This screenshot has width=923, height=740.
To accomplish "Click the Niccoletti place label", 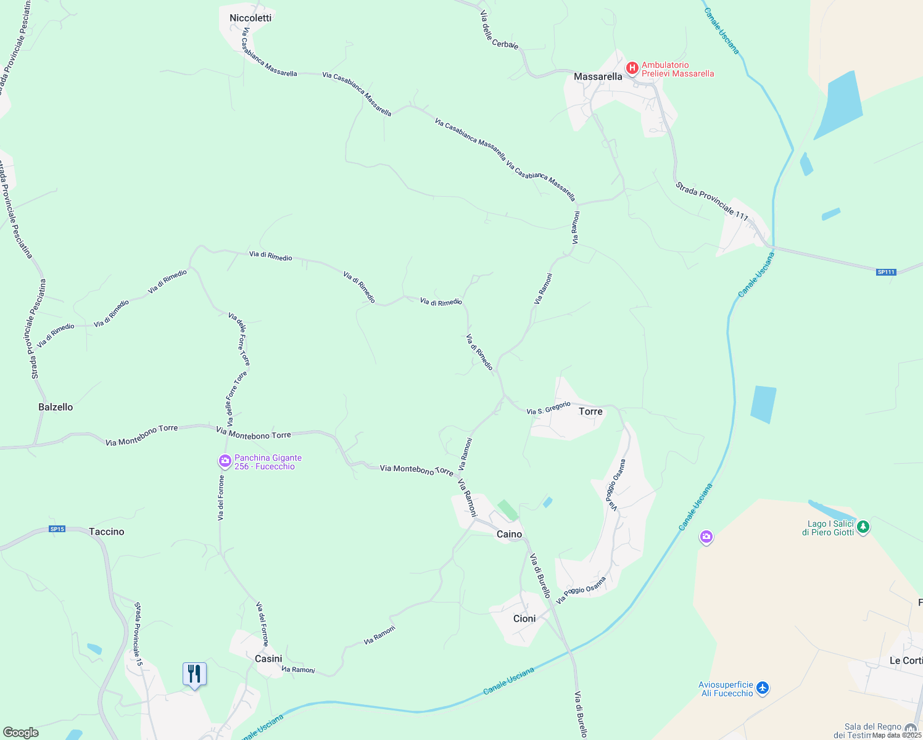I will coord(250,18).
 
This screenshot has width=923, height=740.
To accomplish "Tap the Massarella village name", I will coord(598,76).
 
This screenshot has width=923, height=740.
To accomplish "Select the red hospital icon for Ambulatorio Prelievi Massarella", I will coord(632,68).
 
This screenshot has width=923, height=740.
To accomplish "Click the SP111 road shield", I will coord(885,272).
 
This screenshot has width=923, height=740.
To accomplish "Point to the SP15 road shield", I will coord(57,529).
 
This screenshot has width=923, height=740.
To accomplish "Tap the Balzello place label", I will coord(56,407).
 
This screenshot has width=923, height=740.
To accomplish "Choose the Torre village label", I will coord(590,411).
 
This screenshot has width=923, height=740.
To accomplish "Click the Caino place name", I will coord(509,534).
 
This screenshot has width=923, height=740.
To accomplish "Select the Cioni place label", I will coord(524,619).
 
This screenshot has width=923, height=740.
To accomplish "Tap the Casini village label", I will coord(268,659).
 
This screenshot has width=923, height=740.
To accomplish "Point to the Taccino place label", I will coord(106,532).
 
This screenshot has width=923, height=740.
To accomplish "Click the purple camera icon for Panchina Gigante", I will coord(225,461).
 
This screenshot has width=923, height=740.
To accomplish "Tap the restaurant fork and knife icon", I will coord(194,673).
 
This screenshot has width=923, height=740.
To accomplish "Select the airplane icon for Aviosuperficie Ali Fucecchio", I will coord(763,688).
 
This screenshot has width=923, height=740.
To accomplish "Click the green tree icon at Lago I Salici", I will coord(863,527).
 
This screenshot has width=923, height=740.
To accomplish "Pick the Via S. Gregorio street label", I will coord(548,408).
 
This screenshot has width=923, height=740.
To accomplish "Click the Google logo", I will coord(20,733).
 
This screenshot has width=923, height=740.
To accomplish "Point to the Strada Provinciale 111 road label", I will coord(711,201).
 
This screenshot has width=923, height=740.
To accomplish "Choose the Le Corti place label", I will coord(906,660).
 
